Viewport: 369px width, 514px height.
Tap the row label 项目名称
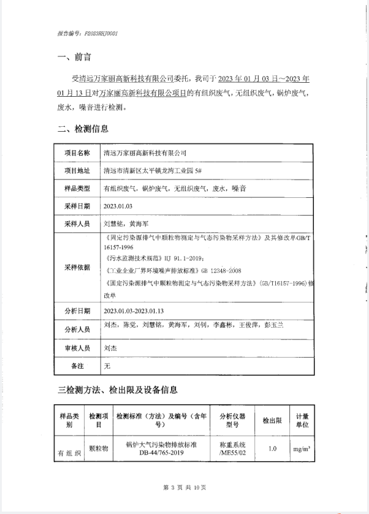pos(77,153)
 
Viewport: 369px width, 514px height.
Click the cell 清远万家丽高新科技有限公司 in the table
pos(145,153)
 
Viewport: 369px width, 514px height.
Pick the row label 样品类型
pos(77,189)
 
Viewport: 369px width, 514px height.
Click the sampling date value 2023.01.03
pos(118,206)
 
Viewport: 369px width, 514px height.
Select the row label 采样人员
pos(77,224)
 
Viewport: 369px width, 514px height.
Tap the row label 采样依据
pos(77,268)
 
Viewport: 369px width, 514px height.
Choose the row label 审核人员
pos(77,347)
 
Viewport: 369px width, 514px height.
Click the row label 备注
pos(77,366)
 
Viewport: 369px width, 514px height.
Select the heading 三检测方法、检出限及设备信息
pos(117,390)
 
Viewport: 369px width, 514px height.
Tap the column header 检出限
pos(272,421)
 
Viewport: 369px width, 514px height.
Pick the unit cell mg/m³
pos(301,450)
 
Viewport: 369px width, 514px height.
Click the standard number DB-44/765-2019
pos(161,454)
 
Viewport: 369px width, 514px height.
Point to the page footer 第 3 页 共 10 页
pos(184,488)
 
